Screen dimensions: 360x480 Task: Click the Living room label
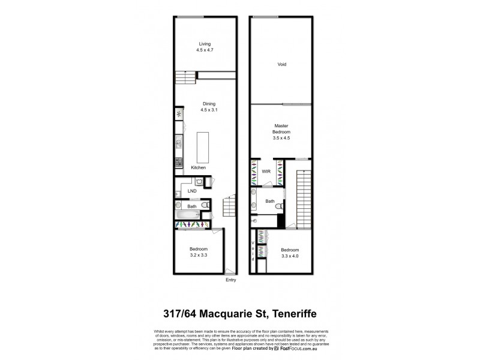[206, 47]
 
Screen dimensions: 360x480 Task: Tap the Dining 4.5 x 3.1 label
[209, 106]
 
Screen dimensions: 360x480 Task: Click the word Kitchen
[199, 167]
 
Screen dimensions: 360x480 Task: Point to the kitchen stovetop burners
[178, 161]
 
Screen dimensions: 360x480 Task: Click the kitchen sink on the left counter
[178, 142]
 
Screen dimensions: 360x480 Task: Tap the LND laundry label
[192, 191]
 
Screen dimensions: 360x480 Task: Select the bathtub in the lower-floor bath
[187, 214]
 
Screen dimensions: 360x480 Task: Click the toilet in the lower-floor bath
[206, 206]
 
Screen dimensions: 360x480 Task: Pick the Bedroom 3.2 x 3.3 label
[199, 251]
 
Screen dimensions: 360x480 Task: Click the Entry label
[230, 280]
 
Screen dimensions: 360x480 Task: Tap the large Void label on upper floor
[281, 64]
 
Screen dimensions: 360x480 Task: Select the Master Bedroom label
[282, 131]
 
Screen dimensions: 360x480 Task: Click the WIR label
[266, 172]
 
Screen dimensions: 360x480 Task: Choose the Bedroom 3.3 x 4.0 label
[289, 253]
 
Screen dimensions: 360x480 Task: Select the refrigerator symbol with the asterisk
[178, 113]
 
